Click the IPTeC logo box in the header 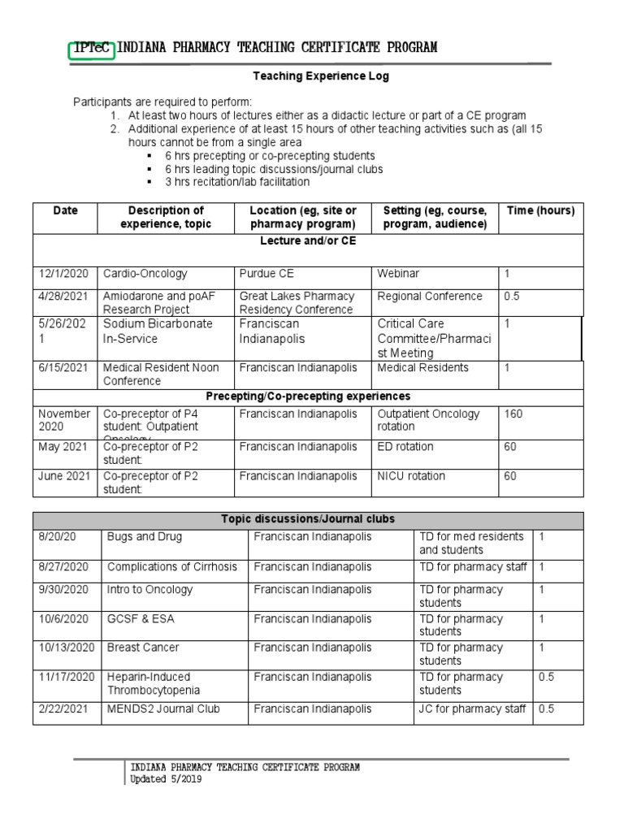pyautogui.click(x=92, y=48)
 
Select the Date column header pyautogui.click(x=65, y=210)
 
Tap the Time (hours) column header pyautogui.click(x=540, y=210)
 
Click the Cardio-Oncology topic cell pyautogui.click(x=145, y=274)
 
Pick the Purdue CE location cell pyautogui.click(x=270, y=274)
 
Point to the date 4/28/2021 pyautogui.click(x=64, y=297)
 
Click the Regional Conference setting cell pyautogui.click(x=430, y=297)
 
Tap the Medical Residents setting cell pyautogui.click(x=423, y=368)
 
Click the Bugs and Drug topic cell pyautogui.click(x=145, y=537)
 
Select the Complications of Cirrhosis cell pyautogui.click(x=172, y=566)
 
